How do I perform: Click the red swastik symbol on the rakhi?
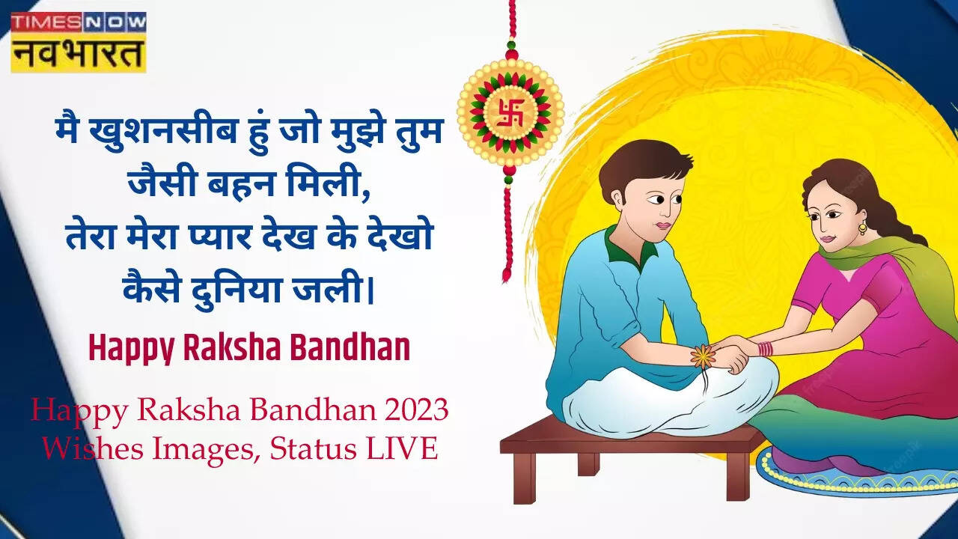pos(510,113)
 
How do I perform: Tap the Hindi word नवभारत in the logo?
pos(78,55)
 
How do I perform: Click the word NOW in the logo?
pos(115,22)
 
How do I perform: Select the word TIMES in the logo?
pos(47,22)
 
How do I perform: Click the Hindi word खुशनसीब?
pos(163,131)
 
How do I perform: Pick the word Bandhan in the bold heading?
pos(350,348)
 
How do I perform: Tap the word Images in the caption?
pos(206,450)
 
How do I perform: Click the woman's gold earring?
pos(863,227)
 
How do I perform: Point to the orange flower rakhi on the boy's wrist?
pos(703,356)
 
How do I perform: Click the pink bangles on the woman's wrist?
pos(766,349)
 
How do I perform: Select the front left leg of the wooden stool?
pos(525,478)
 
